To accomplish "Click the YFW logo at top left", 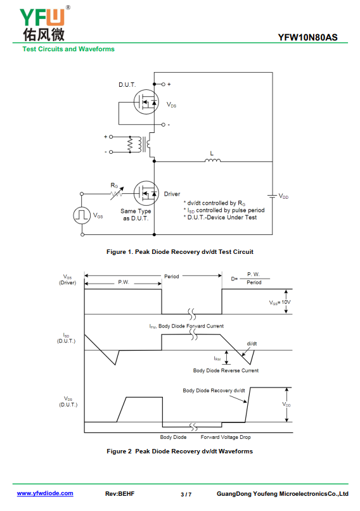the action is click(44, 23).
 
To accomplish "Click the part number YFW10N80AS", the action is click(307, 37).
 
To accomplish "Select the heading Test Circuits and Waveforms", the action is click(68, 49).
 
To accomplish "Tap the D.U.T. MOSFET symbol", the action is click(146, 102).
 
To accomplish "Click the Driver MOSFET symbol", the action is click(146, 193).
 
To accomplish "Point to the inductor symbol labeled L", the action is click(212, 160).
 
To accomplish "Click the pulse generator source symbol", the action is click(82, 215).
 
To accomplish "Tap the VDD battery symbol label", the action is click(283, 196).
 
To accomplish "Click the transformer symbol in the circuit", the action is click(139, 144).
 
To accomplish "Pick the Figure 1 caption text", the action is click(179, 252).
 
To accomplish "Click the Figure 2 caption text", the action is click(179, 451).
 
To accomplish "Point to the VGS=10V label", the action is click(280, 303).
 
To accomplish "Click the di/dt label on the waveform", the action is click(252, 343).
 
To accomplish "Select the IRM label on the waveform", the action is click(217, 358).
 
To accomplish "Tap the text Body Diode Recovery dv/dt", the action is click(214, 391).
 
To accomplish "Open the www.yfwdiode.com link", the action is click(45, 493).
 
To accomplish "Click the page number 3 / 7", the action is click(186, 495).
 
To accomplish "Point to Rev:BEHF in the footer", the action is click(120, 494).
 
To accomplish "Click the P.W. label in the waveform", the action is click(124, 282).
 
